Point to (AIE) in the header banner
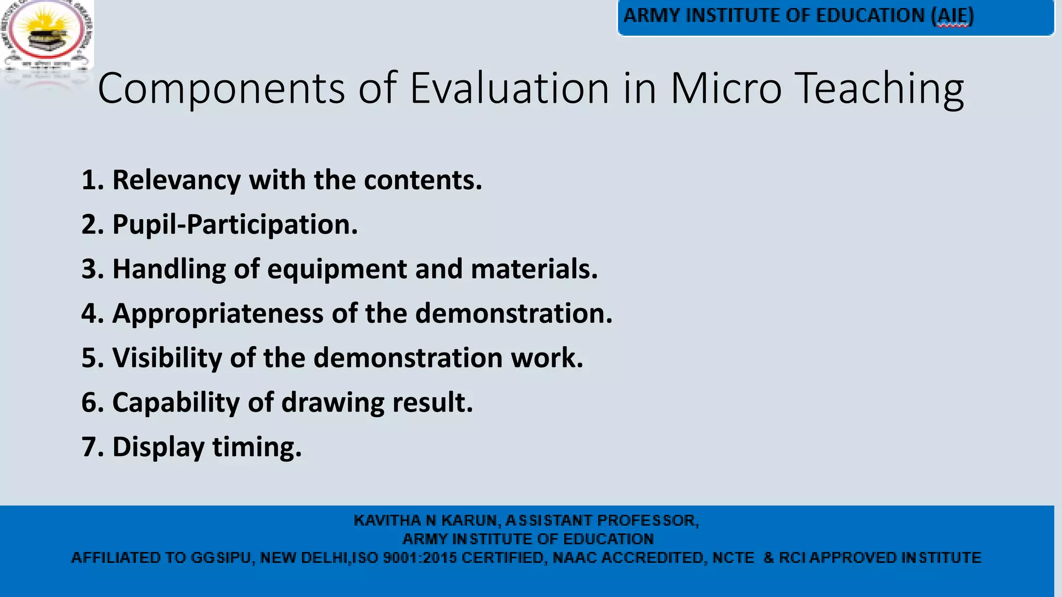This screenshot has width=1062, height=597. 953,16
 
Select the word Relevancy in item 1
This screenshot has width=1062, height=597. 176,180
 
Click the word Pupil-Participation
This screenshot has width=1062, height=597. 235,225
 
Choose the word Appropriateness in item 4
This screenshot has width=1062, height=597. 218,314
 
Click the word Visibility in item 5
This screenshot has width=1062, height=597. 167,358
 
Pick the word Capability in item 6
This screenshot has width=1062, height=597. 176,403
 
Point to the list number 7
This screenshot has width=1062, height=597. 92,447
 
